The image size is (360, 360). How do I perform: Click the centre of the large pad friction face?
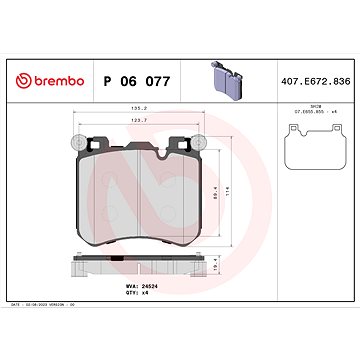(139, 195)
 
